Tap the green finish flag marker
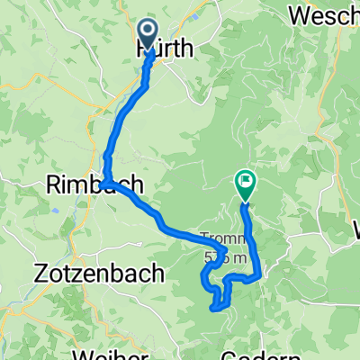pyautogui.click(x=244, y=183)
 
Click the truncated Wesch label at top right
pyautogui.click(x=324, y=15)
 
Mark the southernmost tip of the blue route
pyautogui.click(x=214, y=309)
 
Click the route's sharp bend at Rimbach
pyautogui.click(x=104, y=184)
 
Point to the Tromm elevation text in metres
pyautogui.click(x=224, y=257)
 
